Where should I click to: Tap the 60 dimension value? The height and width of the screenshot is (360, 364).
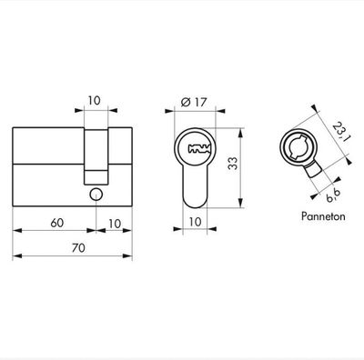[x=56, y=220]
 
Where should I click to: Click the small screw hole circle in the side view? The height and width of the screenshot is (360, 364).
[x=96, y=194]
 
